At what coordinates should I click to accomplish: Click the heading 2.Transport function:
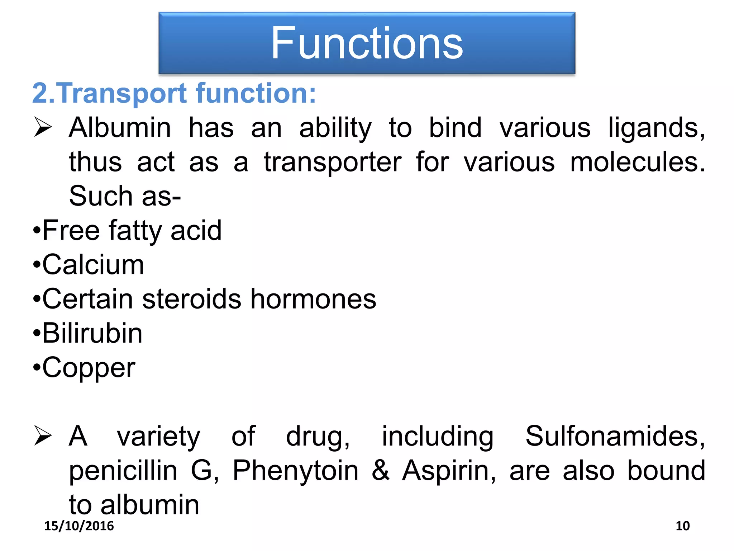[174, 93]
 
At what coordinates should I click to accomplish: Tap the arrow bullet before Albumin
[43, 127]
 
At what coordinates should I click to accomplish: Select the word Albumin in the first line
[120, 128]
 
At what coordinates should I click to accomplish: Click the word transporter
[333, 163]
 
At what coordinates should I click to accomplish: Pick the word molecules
[637, 162]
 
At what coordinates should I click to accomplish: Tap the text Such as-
[125, 196]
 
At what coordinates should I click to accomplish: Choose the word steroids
[192, 299]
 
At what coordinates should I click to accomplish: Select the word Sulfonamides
[614, 436]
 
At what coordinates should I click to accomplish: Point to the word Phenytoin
[295, 470]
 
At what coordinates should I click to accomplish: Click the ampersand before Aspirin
[380, 470]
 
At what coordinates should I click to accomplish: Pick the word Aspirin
[449, 470]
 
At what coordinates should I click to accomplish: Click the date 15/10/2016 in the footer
[79, 526]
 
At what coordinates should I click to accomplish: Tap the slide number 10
[682, 526]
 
